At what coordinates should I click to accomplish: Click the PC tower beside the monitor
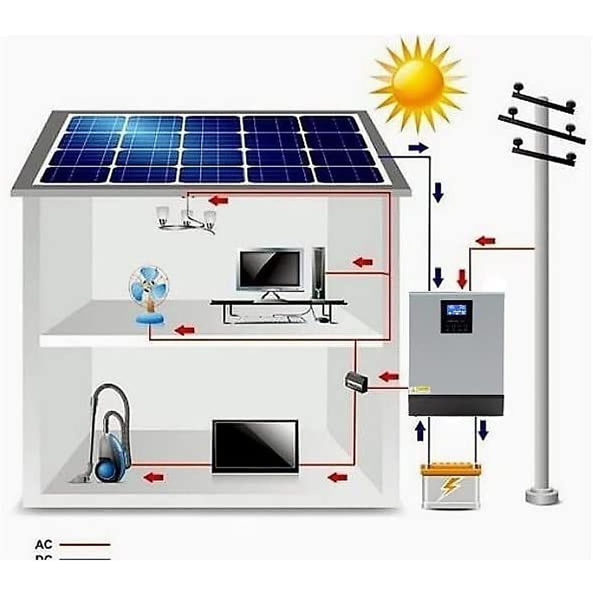pyautogui.click(x=319, y=273)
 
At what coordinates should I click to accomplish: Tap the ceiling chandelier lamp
pyautogui.click(x=187, y=220)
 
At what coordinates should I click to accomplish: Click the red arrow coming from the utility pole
pyautogui.click(x=485, y=241)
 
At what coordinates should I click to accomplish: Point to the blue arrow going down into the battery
pyautogui.click(x=483, y=429)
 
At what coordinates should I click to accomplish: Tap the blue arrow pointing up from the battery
pyautogui.click(x=421, y=430)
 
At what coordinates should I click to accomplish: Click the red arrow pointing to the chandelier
pyautogui.click(x=219, y=200)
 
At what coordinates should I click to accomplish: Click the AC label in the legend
pyautogui.click(x=44, y=545)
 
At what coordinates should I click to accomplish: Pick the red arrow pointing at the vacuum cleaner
pyautogui.click(x=153, y=477)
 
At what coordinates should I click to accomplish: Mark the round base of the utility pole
pyautogui.click(x=542, y=495)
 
